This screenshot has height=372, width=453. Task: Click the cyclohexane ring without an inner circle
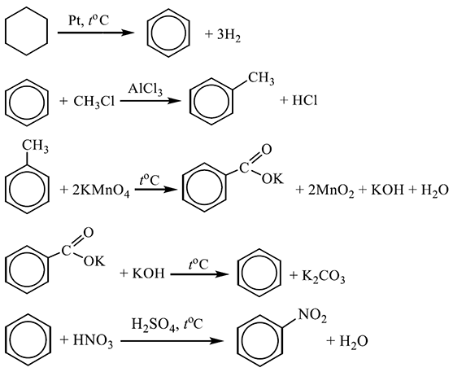click(6, 32)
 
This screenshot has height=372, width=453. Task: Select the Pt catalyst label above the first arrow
click(76, 21)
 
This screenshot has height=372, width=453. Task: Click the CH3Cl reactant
click(94, 102)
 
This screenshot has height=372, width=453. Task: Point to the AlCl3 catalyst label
click(146, 89)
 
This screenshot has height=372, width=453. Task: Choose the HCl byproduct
click(305, 101)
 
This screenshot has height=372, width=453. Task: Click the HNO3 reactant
click(93, 341)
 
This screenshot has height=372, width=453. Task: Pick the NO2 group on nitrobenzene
click(312, 316)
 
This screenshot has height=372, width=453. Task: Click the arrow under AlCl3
click(150, 101)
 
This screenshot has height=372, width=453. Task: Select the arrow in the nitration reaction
click(172, 341)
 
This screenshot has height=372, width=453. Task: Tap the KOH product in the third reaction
click(387, 190)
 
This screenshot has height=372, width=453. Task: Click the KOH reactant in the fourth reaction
click(149, 274)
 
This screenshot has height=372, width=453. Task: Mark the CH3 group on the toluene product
click(261, 79)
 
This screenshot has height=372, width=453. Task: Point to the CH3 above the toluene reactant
click(36, 146)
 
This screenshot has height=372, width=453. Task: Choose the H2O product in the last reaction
click(354, 341)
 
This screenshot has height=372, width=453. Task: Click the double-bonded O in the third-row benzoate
click(267, 150)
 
